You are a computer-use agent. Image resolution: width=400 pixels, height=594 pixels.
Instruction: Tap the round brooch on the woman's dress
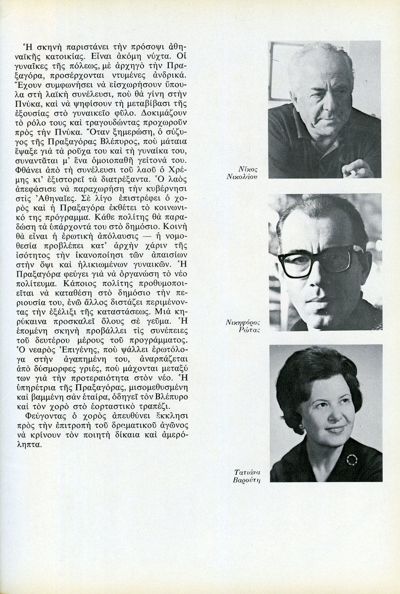351,459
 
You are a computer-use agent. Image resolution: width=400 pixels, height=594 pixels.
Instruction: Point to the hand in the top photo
357,169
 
